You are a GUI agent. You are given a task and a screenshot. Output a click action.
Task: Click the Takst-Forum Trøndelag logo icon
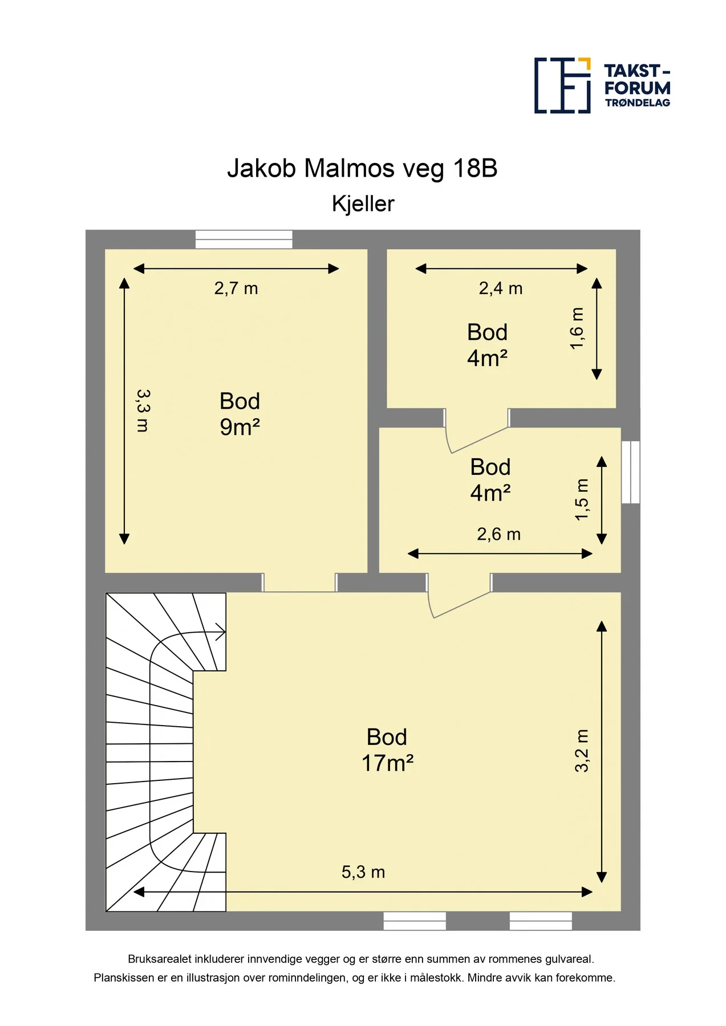click(x=562, y=85)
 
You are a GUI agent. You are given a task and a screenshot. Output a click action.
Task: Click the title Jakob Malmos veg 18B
click(x=362, y=168)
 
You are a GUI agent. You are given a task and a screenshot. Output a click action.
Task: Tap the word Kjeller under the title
click(x=363, y=204)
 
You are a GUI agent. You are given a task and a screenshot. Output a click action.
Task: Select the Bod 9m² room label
click(x=240, y=414)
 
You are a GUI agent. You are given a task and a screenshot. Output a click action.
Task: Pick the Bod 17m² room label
click(x=387, y=750)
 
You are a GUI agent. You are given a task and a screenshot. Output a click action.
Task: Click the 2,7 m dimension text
click(x=236, y=288)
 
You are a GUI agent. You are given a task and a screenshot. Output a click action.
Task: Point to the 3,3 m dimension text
click(x=143, y=410)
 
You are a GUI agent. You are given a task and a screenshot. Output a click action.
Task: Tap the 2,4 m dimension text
click(x=501, y=288)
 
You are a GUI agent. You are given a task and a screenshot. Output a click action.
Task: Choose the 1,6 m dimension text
click(x=577, y=328)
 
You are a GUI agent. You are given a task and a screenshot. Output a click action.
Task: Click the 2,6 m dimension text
click(x=499, y=534)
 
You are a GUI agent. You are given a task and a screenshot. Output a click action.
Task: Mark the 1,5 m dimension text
click(x=581, y=499)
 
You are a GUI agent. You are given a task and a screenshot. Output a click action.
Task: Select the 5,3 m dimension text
click(x=363, y=872)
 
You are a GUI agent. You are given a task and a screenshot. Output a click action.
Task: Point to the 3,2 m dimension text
click(x=581, y=751)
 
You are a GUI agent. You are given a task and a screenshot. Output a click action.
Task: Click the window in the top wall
click(x=244, y=239)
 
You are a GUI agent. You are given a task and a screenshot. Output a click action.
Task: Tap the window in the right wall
click(x=630, y=472)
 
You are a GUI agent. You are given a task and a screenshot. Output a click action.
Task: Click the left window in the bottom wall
click(x=415, y=921)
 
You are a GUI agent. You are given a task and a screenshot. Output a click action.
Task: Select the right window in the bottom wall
click(x=541, y=921)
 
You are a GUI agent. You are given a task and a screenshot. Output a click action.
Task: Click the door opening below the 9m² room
click(x=299, y=583)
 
